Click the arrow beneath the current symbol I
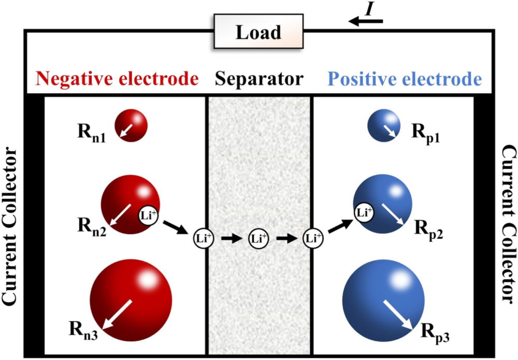(x=366, y=21)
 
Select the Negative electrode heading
(x=118, y=79)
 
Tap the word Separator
(x=260, y=79)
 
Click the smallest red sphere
(x=131, y=125)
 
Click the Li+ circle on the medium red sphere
(x=148, y=214)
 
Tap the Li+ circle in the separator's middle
(x=259, y=239)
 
